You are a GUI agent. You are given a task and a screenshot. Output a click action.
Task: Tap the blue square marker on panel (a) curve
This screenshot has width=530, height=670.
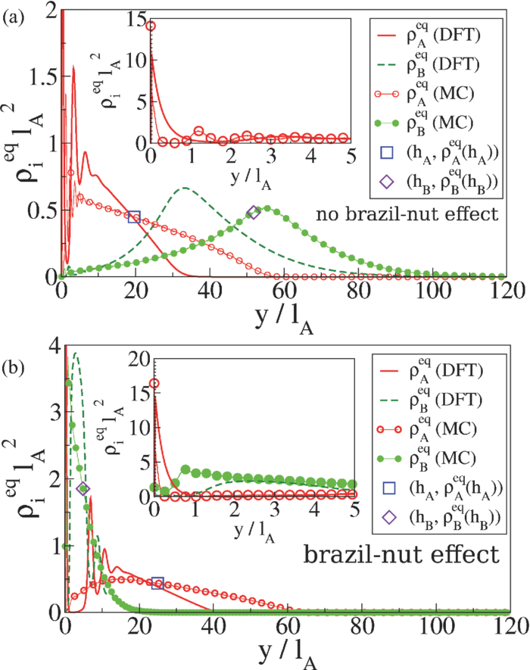(x=134, y=217)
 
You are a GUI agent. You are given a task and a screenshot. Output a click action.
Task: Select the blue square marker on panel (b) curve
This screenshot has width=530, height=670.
(x=157, y=583)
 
